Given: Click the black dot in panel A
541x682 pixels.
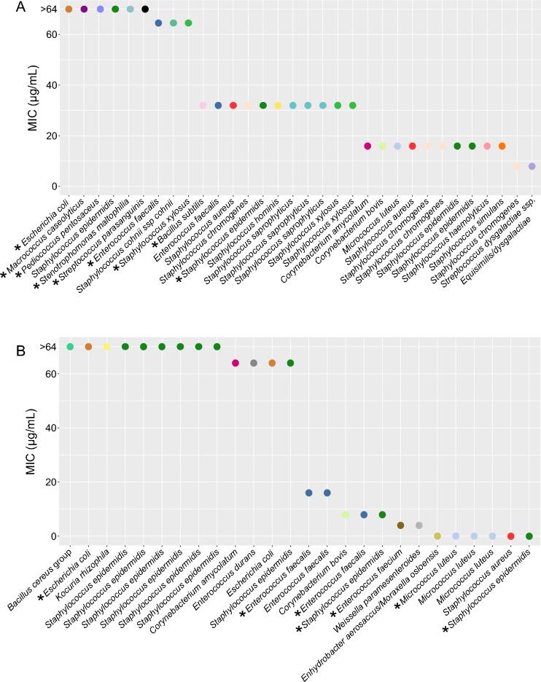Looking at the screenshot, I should (x=145, y=9).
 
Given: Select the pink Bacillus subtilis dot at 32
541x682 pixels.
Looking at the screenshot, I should (x=203, y=106).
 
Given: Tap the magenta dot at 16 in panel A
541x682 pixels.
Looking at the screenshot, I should (x=367, y=146).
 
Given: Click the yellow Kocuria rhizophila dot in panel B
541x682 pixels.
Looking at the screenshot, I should (x=107, y=347).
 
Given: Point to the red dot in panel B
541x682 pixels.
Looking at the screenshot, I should (x=510, y=536).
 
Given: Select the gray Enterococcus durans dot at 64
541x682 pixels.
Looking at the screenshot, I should (x=254, y=363).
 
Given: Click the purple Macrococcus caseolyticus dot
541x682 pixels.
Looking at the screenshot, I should (x=84, y=9).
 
